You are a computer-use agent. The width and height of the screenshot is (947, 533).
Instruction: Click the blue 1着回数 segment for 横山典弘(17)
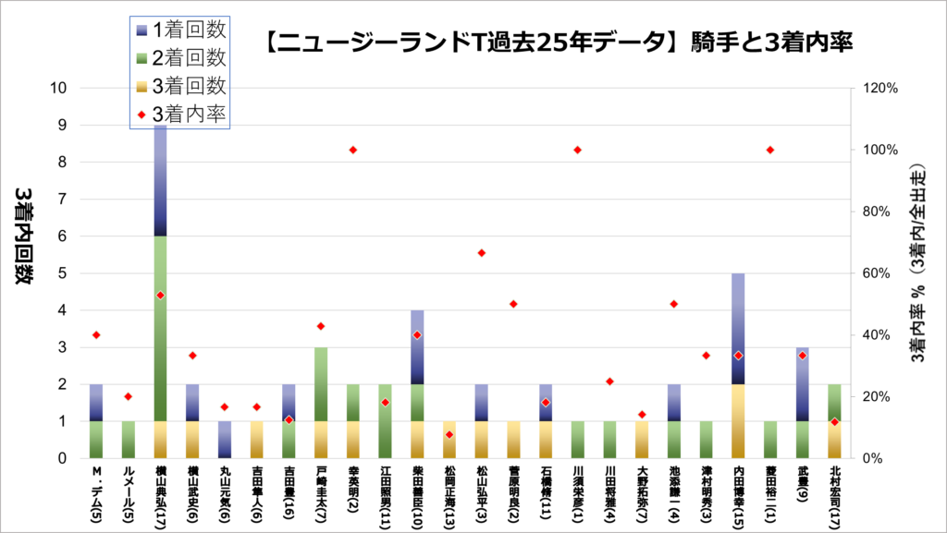point(160,180)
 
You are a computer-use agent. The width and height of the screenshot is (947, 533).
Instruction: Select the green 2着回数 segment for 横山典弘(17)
point(160,328)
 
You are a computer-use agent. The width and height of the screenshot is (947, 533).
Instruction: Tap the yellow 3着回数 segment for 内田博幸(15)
point(739,420)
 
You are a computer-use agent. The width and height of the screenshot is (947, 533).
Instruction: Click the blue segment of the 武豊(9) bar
point(803,383)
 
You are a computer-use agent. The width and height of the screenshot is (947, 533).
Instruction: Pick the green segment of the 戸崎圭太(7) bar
point(321,383)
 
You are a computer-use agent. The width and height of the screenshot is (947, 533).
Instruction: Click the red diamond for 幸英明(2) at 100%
point(352,150)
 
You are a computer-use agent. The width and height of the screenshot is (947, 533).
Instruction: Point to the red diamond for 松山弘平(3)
point(481,253)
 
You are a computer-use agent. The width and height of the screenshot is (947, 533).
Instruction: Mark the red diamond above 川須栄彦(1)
point(578,150)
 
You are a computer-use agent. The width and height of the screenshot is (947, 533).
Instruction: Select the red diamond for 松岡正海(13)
point(449,434)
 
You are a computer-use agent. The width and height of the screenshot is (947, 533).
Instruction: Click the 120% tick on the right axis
point(879,88)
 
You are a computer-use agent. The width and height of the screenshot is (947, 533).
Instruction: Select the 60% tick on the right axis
point(879,273)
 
